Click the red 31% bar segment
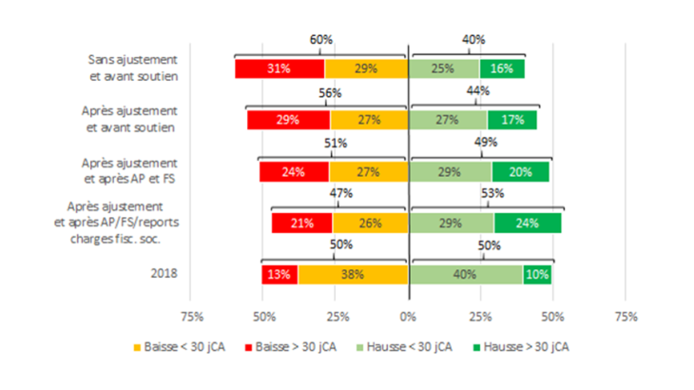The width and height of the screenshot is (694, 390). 280,68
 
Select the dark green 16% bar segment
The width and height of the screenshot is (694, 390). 502,68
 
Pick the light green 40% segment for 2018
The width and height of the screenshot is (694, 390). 466,275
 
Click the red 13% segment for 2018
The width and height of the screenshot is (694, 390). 280,275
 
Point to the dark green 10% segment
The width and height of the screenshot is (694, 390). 537,275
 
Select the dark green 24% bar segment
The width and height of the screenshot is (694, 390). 528,224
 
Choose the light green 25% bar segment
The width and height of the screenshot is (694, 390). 444,68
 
